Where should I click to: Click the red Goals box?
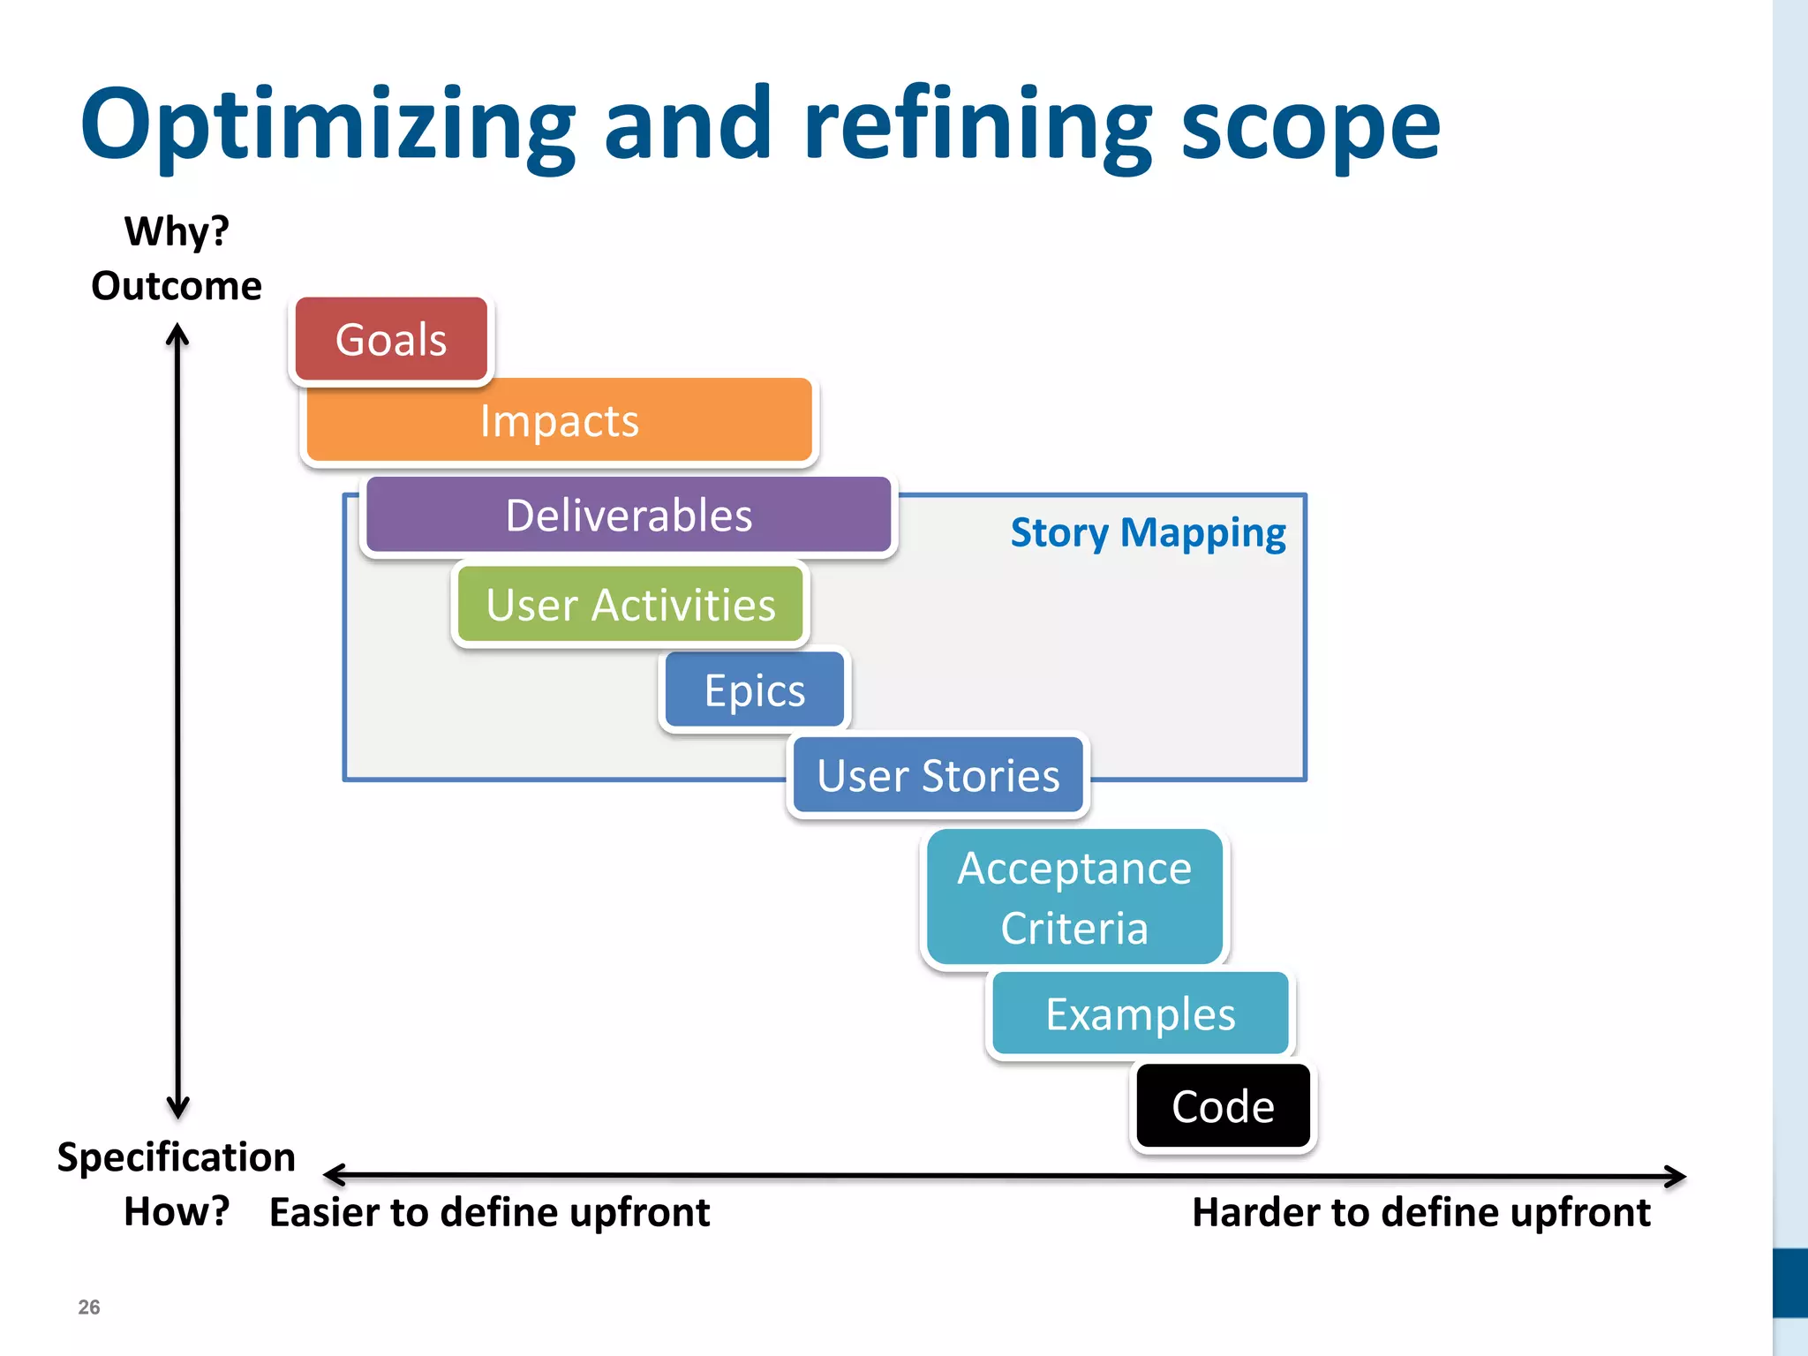391,340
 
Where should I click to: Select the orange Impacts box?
559,421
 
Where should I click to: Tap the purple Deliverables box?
629,516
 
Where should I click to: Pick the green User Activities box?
630,606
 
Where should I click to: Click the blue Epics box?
755,690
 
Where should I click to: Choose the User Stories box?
938,776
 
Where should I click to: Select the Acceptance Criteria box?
1074,898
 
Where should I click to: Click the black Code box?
1223,1107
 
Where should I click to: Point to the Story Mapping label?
1148,533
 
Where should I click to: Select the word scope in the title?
1310,125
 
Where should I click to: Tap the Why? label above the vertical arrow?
177,232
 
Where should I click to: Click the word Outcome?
177,286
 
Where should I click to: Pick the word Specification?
177,1157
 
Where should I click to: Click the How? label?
177,1211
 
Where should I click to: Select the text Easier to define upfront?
489,1212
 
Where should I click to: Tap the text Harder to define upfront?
1420,1212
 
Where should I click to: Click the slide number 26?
89,1307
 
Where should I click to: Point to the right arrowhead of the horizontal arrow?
1676,1177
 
